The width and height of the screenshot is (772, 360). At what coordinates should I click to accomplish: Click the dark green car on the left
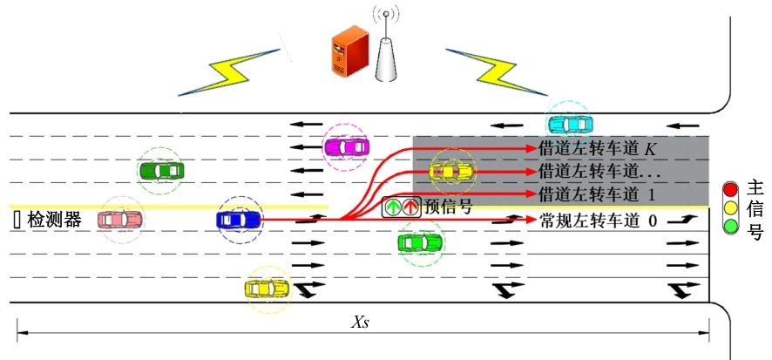click(x=161, y=171)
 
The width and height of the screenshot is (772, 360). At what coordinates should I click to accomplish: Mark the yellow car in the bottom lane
click(x=267, y=288)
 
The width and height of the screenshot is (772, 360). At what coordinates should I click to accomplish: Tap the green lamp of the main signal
click(x=732, y=228)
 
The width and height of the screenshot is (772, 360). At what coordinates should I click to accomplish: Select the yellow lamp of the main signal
click(x=732, y=209)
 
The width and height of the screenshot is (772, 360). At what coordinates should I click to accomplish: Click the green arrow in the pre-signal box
click(x=393, y=208)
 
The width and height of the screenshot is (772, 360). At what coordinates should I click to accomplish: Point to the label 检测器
click(x=55, y=221)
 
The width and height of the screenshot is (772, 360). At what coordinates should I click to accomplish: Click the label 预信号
click(x=448, y=207)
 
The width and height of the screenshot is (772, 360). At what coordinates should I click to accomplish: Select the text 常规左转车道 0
click(x=598, y=220)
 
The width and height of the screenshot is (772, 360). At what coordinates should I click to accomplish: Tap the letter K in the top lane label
click(x=650, y=149)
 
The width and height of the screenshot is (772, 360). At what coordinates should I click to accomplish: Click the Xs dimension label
click(x=361, y=323)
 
